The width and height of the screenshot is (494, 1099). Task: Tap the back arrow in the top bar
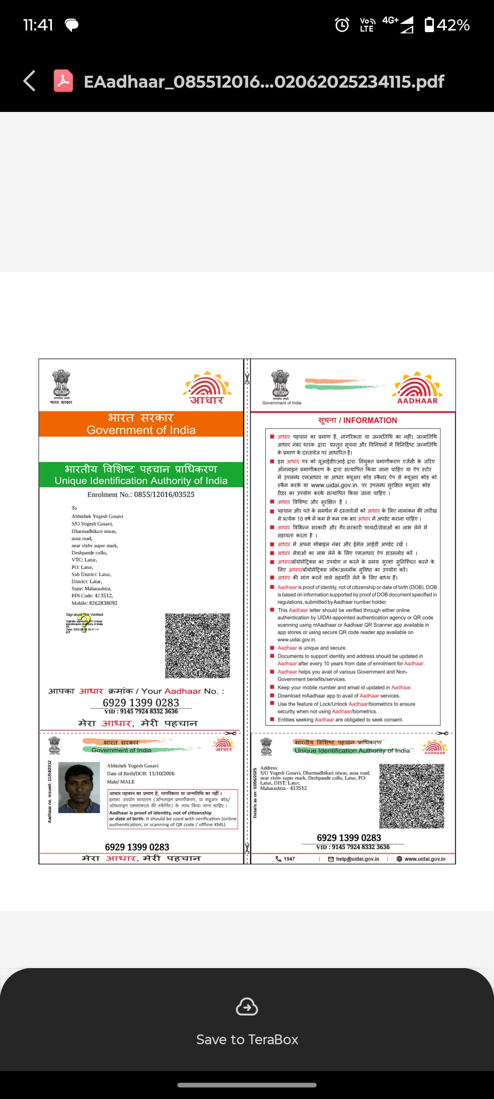29,81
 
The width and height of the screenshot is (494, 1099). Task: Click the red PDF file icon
63,81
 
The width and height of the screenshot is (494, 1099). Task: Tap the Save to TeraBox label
247,1039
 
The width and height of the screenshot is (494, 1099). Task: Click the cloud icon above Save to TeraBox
247,1007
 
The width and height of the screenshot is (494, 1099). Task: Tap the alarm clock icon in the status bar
342,25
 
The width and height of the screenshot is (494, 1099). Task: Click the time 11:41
38,25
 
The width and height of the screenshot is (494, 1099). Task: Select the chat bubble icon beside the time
72,25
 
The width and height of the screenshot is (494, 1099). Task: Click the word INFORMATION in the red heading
370,420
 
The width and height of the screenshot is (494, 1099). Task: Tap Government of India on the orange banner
141,430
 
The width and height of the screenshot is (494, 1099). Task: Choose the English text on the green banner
141,481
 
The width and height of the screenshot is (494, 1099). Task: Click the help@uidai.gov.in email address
357,859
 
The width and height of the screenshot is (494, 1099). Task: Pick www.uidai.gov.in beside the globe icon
424,859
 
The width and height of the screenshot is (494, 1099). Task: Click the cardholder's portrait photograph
79,787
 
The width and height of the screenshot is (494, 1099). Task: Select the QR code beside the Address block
412,796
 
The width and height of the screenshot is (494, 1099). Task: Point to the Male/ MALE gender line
121,782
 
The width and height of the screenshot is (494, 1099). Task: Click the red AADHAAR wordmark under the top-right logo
417,400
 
